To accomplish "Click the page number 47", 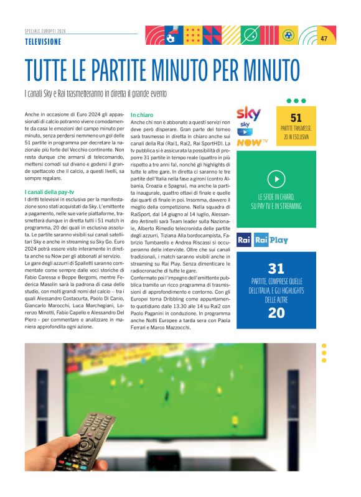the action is point(324,39).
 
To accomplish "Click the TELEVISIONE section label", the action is point(43,41).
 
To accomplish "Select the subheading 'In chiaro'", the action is point(142,115).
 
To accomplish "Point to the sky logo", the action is point(249,114).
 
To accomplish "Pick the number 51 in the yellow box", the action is point(296,118).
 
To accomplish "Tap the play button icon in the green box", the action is point(276,179).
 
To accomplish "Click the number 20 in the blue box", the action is point(276,313).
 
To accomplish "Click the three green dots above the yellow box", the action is point(296,100).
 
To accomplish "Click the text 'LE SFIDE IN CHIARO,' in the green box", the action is point(276,197).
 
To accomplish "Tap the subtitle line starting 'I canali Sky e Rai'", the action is point(96,93).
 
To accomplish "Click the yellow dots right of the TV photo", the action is point(324,353).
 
